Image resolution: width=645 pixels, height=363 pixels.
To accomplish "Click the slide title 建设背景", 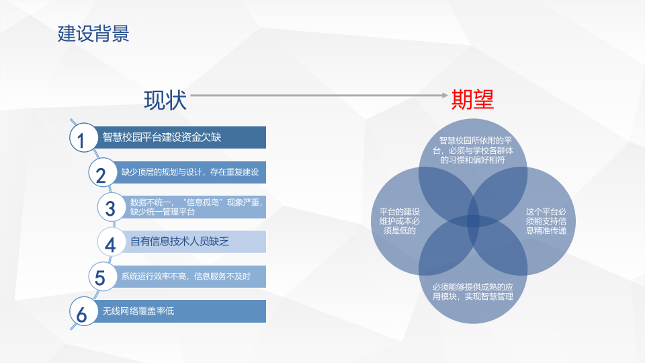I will [x=93, y=34].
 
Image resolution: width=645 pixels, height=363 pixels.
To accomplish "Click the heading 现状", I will [x=165, y=100].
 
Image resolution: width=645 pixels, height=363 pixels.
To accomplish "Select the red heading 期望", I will [x=472, y=100].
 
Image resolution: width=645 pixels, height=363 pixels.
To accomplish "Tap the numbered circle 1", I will [x=82, y=139].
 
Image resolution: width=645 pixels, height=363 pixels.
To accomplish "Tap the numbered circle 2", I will [x=101, y=174].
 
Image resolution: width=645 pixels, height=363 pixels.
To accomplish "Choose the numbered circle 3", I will [x=110, y=208].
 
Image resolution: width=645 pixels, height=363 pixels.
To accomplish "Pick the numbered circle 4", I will [x=110, y=243].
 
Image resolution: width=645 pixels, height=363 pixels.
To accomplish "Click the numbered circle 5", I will [x=101, y=277].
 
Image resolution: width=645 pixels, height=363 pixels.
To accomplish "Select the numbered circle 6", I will [x=82, y=313].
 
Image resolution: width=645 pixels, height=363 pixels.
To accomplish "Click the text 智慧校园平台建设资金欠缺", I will [x=162, y=137].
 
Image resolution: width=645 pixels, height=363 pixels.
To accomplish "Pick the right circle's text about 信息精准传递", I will [x=546, y=221].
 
